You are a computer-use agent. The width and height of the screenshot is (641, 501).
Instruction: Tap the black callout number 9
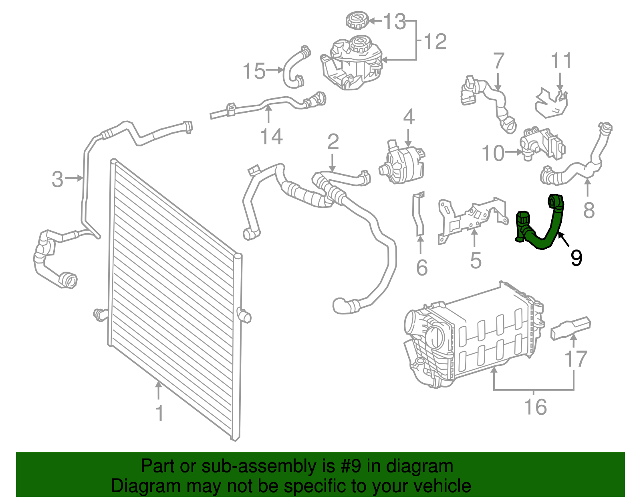576,258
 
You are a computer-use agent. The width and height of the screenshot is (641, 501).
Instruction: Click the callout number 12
435,42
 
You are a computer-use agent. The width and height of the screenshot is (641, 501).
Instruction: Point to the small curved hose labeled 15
292,68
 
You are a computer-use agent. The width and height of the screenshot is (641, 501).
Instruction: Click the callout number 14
272,137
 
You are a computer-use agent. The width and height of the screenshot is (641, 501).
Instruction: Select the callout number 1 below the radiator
159,413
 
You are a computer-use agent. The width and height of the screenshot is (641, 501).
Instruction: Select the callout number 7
498,61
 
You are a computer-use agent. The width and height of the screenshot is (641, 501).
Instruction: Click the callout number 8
589,210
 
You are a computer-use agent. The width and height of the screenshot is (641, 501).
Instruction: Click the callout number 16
536,407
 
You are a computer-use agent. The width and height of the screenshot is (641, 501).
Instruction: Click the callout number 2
333,142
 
